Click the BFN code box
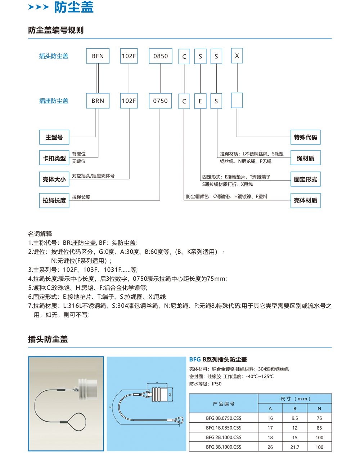(x=98, y=56)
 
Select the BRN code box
(x=98, y=101)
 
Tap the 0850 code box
(x=161, y=56)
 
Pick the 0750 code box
(x=161, y=101)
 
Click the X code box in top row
(x=237, y=56)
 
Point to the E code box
(x=201, y=101)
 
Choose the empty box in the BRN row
(x=237, y=101)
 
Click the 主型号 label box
(x=54, y=137)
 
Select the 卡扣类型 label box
(x=54, y=158)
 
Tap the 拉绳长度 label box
(x=54, y=200)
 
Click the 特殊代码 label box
(x=305, y=137)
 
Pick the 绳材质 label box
(x=305, y=158)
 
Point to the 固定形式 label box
(x=305, y=179)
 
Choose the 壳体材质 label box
(x=305, y=200)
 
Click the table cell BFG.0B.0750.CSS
(x=224, y=418)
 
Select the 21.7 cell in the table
(x=295, y=447)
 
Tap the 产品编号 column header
(x=224, y=404)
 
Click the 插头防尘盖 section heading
(x=48, y=339)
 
